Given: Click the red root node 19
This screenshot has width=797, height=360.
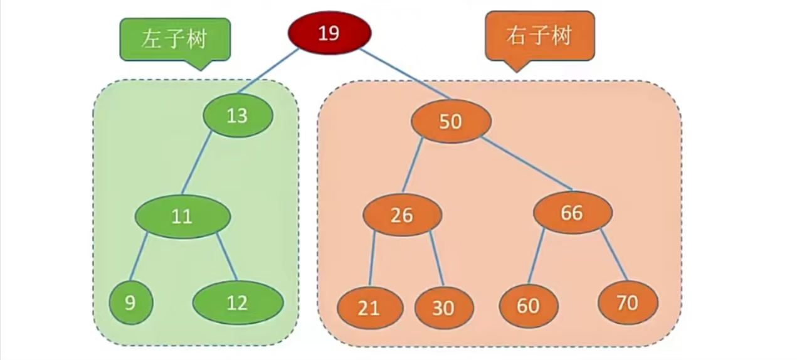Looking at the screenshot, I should coord(329,33).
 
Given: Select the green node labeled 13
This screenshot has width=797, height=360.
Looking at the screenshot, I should coord(238,116).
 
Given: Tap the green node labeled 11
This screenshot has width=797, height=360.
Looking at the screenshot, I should coord(182,216).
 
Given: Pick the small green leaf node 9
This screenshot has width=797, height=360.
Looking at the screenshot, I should coord(130,303).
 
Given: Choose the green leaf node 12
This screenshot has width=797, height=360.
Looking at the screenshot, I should coord(238,304).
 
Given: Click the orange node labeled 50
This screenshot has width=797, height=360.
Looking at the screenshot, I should coord(451,121).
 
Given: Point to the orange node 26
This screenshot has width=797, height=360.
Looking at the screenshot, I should coord(402,215).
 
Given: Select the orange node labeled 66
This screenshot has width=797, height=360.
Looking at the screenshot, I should coord(572,213).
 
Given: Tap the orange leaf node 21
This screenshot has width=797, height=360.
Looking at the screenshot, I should coord(369,307).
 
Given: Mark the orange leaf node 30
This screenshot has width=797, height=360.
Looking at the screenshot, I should coord(444,307).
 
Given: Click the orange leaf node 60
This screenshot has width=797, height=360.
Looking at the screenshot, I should coord(528,305).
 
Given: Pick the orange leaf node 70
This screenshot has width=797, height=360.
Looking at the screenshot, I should coord(627,303).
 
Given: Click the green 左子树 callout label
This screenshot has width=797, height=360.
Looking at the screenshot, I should coord(175,40).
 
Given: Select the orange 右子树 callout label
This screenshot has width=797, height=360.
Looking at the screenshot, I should coord(539,36).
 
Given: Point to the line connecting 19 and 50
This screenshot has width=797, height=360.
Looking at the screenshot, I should coord(405,74).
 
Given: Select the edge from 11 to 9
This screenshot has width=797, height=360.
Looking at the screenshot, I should coord(139,257).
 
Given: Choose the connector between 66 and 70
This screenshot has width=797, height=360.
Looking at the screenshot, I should coord(615,255).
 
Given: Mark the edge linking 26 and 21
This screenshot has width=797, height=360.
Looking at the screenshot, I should coord(372,258).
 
